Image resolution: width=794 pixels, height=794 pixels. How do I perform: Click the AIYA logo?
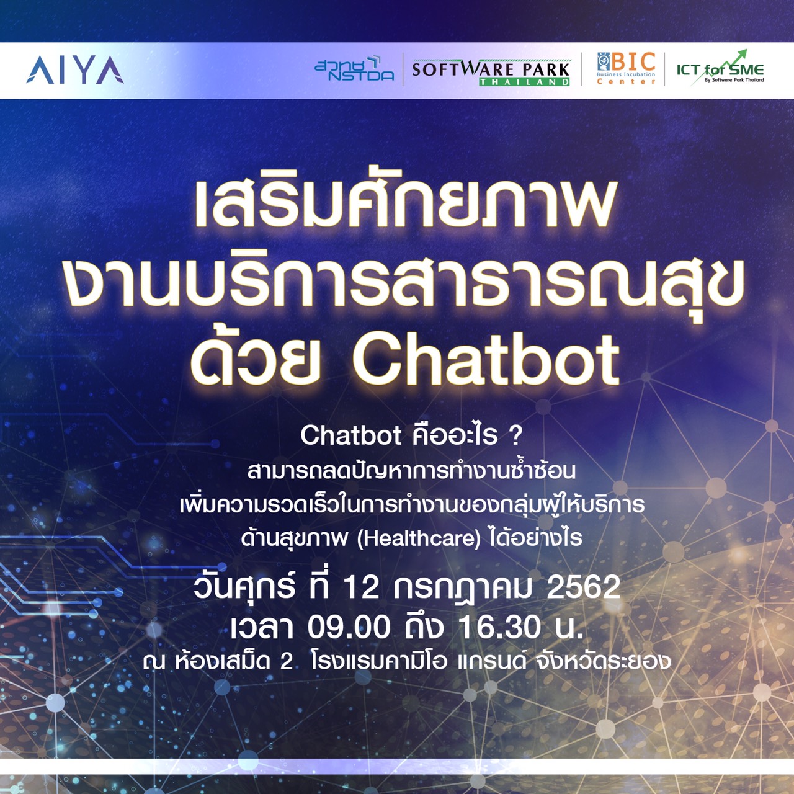[x=74, y=70]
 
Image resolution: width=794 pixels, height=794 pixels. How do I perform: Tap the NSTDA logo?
[x=354, y=68]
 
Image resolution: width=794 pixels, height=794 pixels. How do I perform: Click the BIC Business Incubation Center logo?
[x=626, y=68]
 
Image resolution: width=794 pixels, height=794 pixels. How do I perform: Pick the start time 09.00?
[x=349, y=628]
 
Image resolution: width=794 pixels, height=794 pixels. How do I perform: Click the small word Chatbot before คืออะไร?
[x=350, y=435]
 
